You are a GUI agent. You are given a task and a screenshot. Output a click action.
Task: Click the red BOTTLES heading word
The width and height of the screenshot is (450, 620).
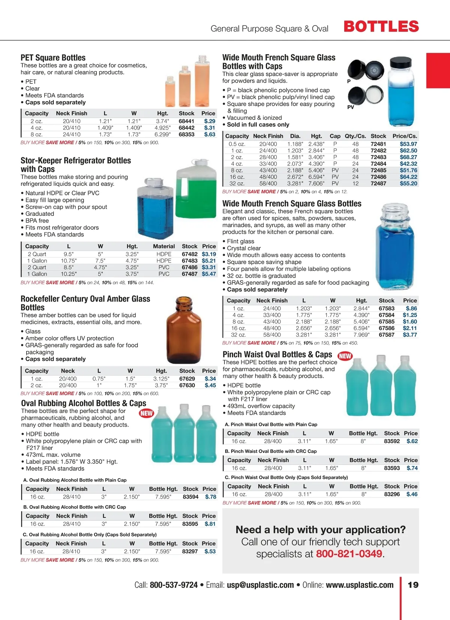tap(381, 27)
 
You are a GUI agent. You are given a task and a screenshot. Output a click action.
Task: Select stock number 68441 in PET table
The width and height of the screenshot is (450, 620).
tap(186, 121)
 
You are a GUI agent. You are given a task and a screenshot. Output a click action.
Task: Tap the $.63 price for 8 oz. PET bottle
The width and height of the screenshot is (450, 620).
tap(210, 134)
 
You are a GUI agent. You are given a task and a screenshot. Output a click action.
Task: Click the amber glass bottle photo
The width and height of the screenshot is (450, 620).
tap(184, 330)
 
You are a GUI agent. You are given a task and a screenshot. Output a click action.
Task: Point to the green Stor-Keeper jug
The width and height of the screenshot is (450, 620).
tap(196, 189)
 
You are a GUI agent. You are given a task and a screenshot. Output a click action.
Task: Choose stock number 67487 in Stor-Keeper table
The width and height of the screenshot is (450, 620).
tap(189, 274)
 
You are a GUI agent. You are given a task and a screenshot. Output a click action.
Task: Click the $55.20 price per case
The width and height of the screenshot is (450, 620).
tap(408, 184)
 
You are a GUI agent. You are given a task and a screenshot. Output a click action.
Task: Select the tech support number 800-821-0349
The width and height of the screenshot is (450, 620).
tap(349, 554)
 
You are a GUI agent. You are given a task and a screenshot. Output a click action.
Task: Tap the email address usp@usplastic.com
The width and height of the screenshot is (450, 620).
tap(260, 585)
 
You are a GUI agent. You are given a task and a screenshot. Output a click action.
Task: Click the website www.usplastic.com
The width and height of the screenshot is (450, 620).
tap(360, 585)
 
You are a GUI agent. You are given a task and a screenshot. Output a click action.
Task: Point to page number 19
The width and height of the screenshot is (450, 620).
tap(413, 585)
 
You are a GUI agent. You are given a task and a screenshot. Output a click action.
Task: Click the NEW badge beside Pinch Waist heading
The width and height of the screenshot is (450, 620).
tap(345, 356)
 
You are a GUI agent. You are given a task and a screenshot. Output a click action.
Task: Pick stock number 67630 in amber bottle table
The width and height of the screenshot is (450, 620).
tap(187, 385)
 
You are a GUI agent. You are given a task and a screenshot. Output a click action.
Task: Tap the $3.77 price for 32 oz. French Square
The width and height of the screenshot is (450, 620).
tap(410, 335)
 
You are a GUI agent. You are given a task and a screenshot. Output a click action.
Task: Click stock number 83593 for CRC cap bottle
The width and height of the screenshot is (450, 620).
tap(392, 468)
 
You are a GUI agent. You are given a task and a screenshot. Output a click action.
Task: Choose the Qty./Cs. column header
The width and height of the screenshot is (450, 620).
tap(355, 136)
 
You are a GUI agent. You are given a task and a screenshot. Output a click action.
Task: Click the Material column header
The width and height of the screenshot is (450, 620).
tap(164, 246)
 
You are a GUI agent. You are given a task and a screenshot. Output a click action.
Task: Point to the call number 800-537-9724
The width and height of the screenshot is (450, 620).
tap(174, 585)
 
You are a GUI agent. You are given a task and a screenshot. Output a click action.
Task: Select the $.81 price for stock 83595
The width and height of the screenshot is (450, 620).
tap(210, 524)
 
